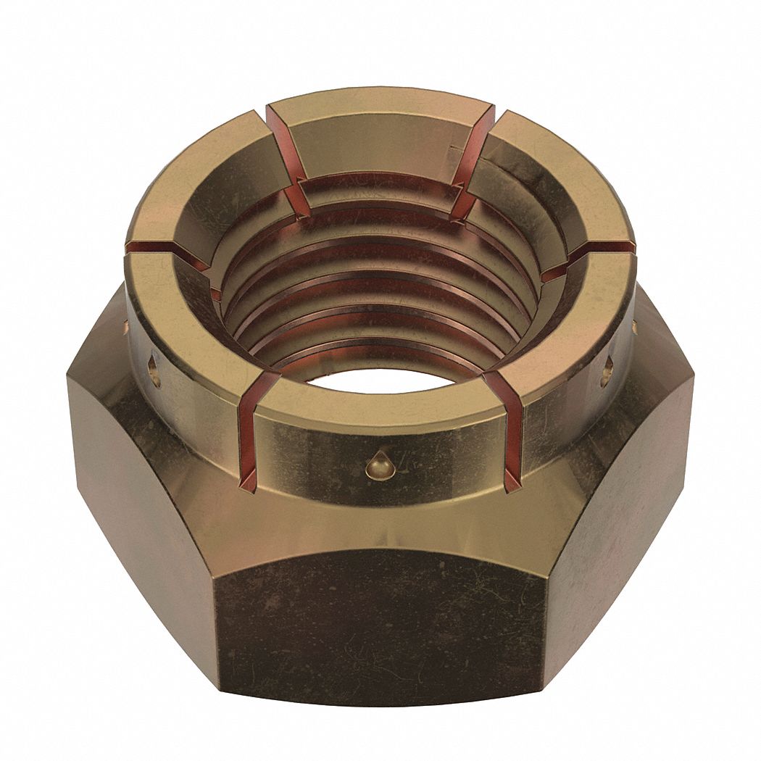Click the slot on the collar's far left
click(x=163, y=250)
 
